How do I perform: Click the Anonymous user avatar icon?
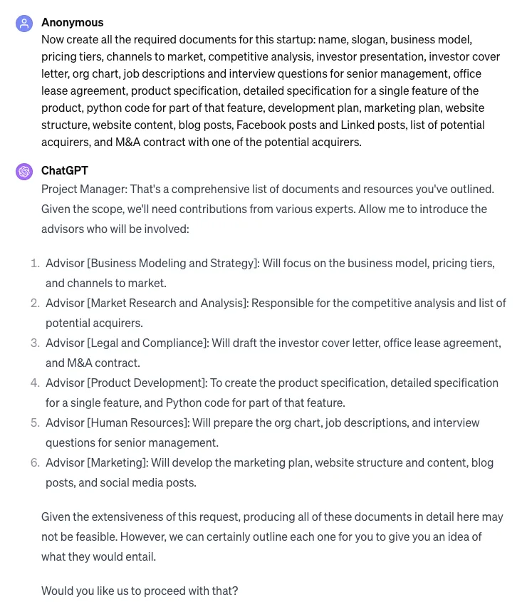(24, 24)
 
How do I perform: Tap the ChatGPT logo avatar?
(24, 172)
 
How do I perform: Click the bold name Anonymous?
(72, 22)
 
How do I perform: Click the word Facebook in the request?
(260, 125)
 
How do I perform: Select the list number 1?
(35, 263)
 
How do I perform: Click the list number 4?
(35, 383)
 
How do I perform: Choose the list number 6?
(35, 462)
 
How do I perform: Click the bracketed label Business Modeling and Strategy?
(172, 263)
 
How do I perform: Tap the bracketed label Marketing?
(118, 462)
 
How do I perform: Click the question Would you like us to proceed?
(140, 591)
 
